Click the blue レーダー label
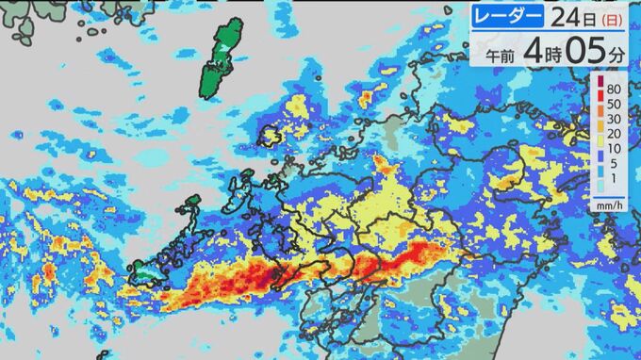(510, 18)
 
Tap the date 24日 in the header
(568, 18)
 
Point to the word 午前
(501, 56)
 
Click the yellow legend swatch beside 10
(600, 149)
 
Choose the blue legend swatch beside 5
(600, 165)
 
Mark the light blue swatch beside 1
(600, 181)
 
